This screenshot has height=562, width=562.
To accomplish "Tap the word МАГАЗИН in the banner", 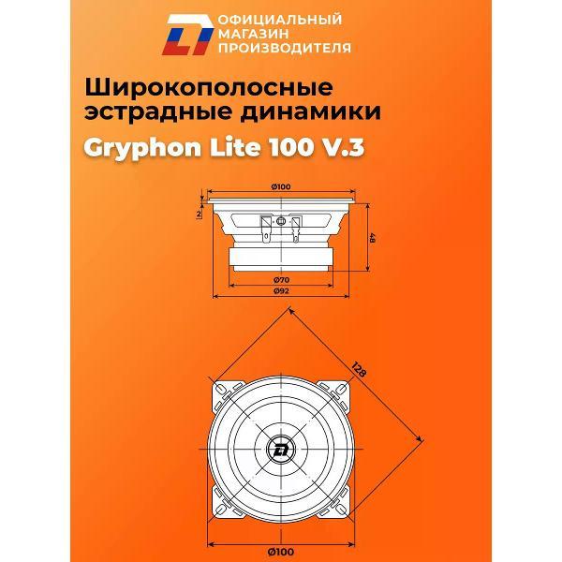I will pyautogui.click(x=241, y=33).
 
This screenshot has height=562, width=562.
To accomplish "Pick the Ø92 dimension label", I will pyautogui.click(x=280, y=292).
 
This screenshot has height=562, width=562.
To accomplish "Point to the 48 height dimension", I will pyautogui.click(x=372, y=240).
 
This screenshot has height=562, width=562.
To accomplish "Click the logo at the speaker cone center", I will pyautogui.click(x=281, y=446).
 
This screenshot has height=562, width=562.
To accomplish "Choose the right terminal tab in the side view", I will pyautogui.click(x=297, y=226).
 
